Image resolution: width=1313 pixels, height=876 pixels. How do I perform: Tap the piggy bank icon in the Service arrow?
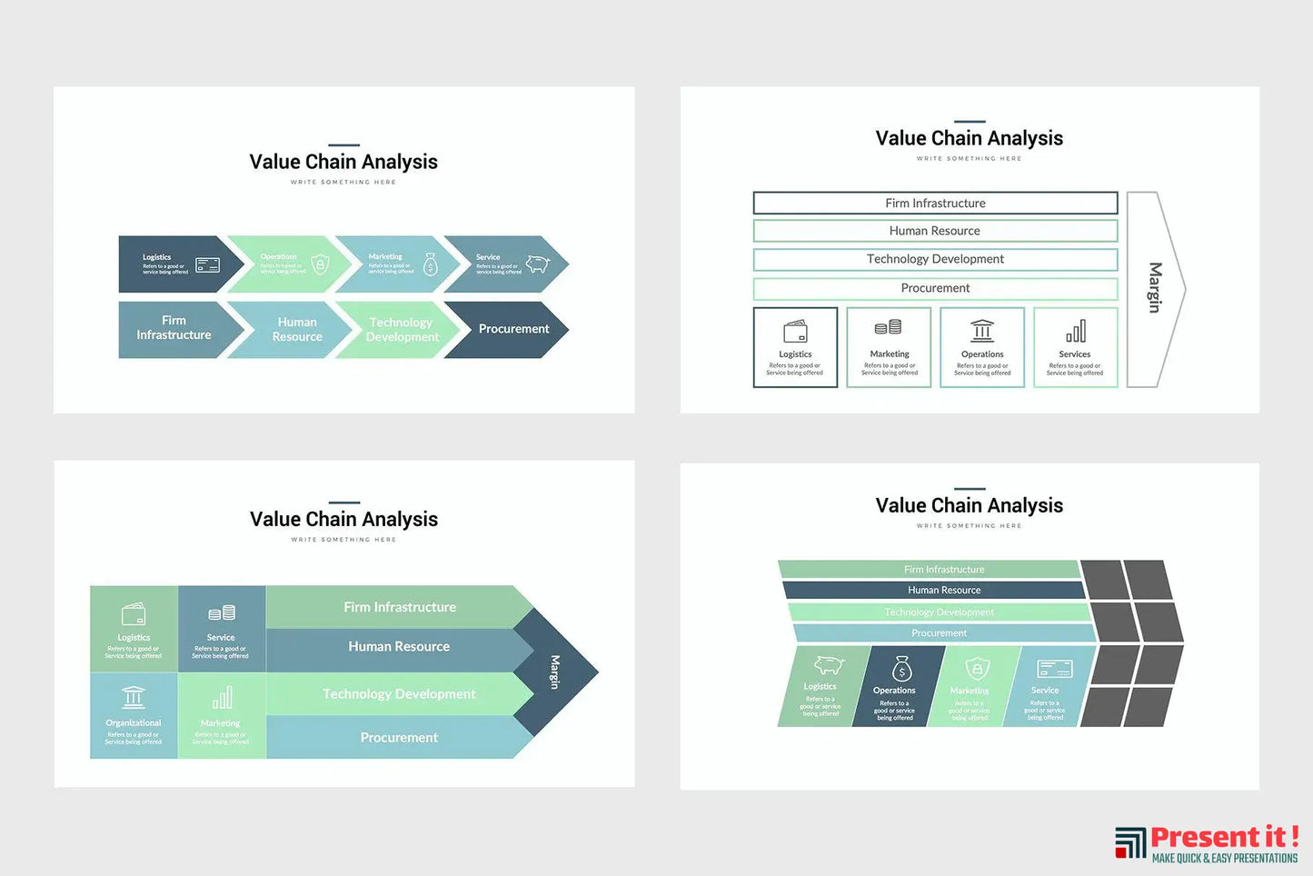[x=538, y=264]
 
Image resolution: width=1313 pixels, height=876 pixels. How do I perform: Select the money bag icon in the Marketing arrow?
[x=431, y=264]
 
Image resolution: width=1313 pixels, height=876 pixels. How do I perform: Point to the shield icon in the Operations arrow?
[x=320, y=264]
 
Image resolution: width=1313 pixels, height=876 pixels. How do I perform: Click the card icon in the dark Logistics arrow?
[x=208, y=265]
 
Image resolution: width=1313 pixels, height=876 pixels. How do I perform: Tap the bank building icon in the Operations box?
[x=982, y=331]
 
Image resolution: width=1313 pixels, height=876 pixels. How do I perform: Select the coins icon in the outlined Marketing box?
[x=889, y=328]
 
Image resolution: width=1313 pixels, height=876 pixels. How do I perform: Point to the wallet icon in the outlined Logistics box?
[x=796, y=331]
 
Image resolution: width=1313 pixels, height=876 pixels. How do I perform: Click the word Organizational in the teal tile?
[x=134, y=723]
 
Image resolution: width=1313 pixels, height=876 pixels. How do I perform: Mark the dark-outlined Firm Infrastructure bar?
[x=935, y=203]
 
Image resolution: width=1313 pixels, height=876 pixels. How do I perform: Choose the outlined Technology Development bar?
[x=935, y=259]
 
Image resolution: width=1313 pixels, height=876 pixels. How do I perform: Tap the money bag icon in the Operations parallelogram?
[x=901, y=670]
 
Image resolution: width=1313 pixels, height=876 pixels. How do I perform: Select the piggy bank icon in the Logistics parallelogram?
[x=828, y=665]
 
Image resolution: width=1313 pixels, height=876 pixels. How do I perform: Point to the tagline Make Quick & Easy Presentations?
[x=1224, y=859]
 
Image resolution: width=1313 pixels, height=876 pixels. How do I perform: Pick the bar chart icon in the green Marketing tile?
[x=222, y=698]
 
